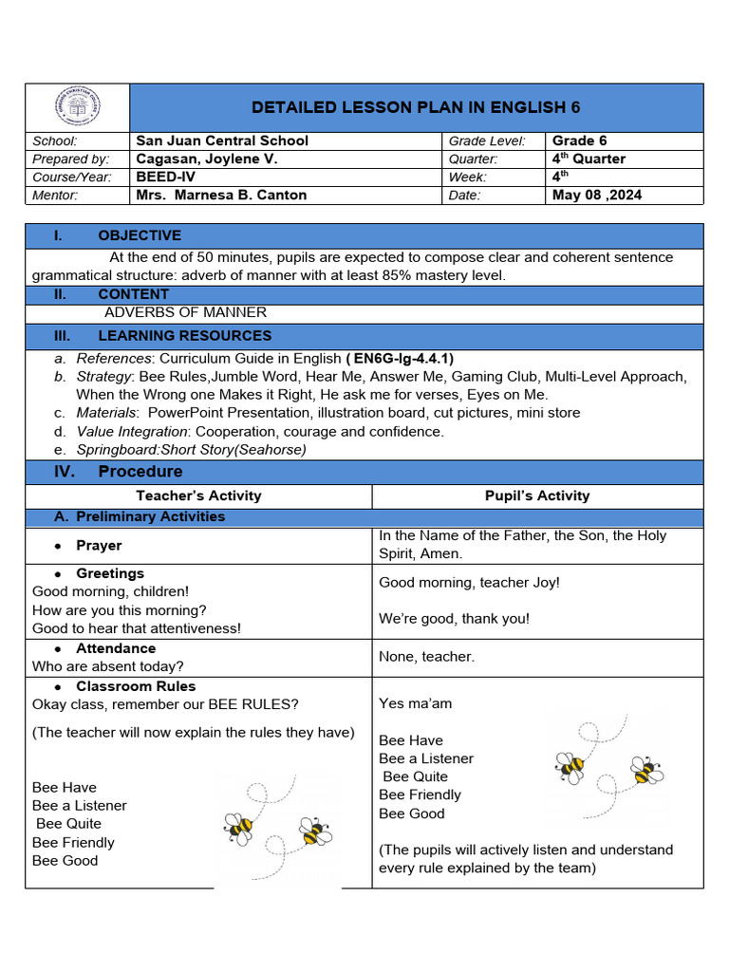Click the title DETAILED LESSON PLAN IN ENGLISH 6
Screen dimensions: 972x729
415,106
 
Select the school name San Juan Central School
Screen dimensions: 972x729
222,140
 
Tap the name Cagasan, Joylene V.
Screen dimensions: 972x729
207,159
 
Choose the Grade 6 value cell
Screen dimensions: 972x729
579,140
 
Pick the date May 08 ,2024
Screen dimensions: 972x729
597,196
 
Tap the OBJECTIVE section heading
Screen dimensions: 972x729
139,235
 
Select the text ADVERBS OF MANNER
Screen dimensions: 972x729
185,312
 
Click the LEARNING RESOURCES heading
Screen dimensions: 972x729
184,336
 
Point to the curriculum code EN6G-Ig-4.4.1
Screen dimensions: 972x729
402,358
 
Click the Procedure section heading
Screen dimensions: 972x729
140,472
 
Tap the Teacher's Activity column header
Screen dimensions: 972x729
198,495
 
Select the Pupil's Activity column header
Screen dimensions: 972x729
536,495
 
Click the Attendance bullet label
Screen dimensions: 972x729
116,648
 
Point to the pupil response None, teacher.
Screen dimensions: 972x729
426,657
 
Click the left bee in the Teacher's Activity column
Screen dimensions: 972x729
238,828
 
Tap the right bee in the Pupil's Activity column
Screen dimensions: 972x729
647,771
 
